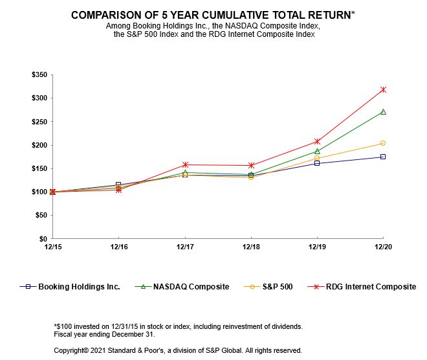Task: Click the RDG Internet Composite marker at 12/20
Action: tap(383, 89)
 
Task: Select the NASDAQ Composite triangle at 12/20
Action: tap(383, 111)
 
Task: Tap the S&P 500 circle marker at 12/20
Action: tap(383, 143)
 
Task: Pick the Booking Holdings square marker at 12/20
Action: tap(383, 157)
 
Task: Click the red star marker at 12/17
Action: tap(185, 164)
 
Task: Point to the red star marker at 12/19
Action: tap(317, 141)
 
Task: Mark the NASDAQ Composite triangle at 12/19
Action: tap(317, 151)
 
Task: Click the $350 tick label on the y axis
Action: tap(39, 75)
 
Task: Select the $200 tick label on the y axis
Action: tap(39, 145)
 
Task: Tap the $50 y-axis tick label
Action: tap(41, 216)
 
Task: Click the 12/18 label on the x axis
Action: tap(251, 247)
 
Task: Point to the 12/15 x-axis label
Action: tap(53, 247)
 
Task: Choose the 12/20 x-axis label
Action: tap(383, 247)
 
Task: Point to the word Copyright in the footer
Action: tap(71, 350)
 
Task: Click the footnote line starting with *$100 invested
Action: tap(178, 326)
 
